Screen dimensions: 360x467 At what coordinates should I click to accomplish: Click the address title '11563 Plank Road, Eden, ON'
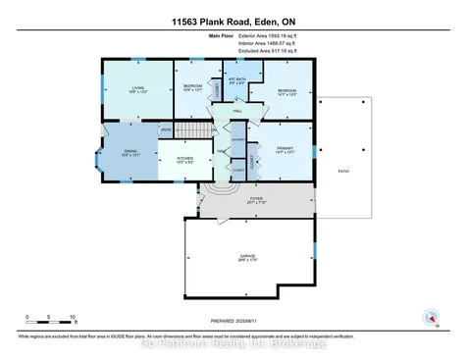coord(233,19)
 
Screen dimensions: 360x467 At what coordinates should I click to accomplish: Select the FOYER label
coord(256,199)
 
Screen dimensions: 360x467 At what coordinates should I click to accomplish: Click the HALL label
coord(237,112)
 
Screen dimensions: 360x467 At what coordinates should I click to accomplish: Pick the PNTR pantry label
coord(166,129)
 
